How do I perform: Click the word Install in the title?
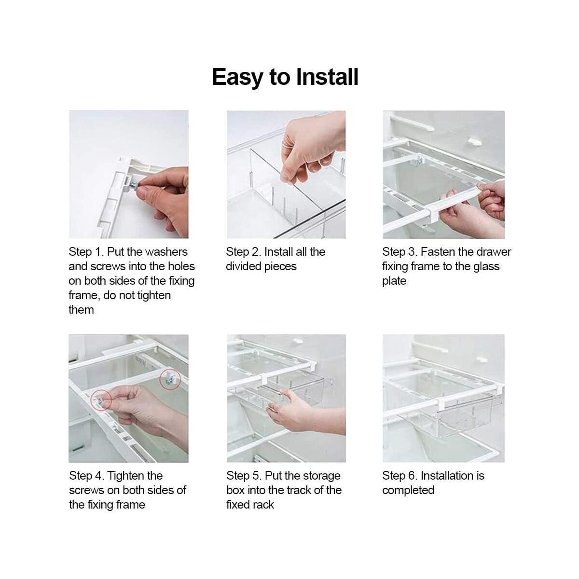tap(327, 77)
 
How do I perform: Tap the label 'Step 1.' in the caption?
tap(86, 252)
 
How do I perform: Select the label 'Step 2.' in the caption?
tap(243, 252)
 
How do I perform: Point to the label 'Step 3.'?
tap(400, 252)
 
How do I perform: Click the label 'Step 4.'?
tap(86, 476)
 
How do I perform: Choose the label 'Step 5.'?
tap(244, 476)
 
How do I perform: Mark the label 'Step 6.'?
tap(400, 476)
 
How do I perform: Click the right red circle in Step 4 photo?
tap(169, 380)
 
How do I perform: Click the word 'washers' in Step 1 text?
tap(166, 252)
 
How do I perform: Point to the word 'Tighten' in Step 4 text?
tap(135, 476)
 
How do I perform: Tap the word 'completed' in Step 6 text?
tap(408, 490)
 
